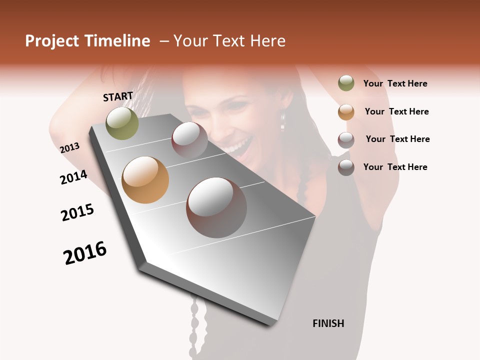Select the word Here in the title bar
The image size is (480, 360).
(267, 41)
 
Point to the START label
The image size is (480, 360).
(118, 96)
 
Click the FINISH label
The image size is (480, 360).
(328, 323)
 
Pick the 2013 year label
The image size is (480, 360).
(69, 148)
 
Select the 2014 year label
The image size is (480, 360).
(73, 177)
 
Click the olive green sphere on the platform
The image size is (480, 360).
(122, 123)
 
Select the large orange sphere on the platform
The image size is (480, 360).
(145, 180)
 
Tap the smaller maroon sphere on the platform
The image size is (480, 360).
(189, 139)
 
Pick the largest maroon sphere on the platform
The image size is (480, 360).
(216, 207)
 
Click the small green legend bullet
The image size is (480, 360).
(346, 83)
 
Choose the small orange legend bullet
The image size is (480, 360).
(346, 111)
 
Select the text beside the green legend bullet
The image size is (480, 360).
(395, 83)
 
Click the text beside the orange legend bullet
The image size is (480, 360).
(396, 111)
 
